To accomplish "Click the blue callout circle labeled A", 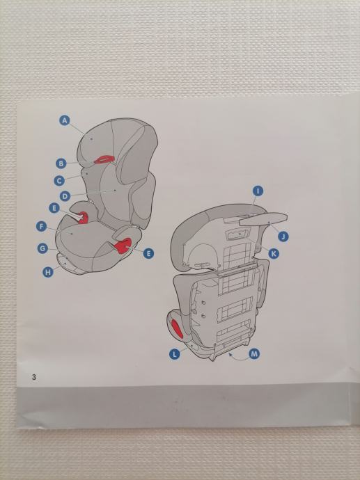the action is pyautogui.click(x=64, y=120).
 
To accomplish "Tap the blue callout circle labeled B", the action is pyautogui.click(x=61, y=163).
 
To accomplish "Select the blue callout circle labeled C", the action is pyautogui.click(x=59, y=181).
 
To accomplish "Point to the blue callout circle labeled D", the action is pyautogui.click(x=65, y=196).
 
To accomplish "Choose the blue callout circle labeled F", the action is pyautogui.click(x=41, y=227).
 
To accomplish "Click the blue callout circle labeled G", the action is pyautogui.click(x=42, y=248).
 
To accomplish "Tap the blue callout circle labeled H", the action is pyautogui.click(x=48, y=272).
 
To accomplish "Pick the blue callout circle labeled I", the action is pyautogui.click(x=258, y=191).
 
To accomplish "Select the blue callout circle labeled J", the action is pyautogui.click(x=283, y=237).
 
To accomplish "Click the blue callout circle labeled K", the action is pyautogui.click(x=274, y=253).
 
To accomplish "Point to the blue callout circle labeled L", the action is pyautogui.click(x=175, y=355).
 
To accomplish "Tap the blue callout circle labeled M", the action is pyautogui.click(x=254, y=354).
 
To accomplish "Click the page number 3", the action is pyautogui.click(x=34, y=377).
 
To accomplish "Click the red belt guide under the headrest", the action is pyautogui.click(x=104, y=159).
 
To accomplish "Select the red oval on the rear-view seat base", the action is pyautogui.click(x=176, y=328).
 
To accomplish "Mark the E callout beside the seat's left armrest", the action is pyautogui.click(x=54, y=208).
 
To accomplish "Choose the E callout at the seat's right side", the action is pyautogui.click(x=148, y=253).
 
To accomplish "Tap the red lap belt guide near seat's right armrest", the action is pyautogui.click(x=123, y=246).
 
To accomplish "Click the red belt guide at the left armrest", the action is pyautogui.click(x=83, y=218).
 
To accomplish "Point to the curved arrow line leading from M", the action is pyautogui.click(x=239, y=359).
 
